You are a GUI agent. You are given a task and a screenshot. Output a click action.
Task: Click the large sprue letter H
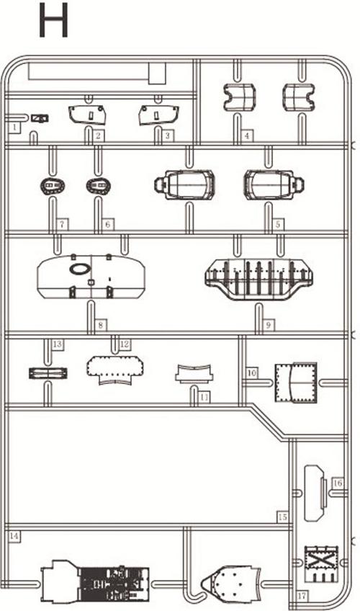54,20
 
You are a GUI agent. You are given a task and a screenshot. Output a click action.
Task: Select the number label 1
15,127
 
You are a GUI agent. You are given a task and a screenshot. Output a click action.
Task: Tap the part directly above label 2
87,115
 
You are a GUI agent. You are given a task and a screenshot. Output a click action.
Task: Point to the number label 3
168,135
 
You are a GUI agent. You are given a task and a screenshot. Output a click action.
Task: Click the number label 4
247,135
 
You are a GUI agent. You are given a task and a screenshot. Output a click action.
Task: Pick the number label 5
278,225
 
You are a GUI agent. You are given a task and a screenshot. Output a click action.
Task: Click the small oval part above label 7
53,187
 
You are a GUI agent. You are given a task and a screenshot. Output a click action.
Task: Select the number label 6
108,225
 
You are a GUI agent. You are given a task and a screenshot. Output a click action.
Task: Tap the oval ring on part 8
80,268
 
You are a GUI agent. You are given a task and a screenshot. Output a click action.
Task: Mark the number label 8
101,324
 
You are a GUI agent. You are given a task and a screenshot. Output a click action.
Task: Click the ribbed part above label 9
258,279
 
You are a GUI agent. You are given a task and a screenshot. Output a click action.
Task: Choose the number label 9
268,324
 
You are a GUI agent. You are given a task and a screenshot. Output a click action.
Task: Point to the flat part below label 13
48,373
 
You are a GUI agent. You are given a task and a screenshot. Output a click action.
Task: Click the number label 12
124,344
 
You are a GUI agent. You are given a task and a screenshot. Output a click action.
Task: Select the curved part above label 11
194,374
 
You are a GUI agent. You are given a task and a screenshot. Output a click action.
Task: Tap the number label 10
252,373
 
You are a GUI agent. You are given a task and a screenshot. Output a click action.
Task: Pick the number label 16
338,483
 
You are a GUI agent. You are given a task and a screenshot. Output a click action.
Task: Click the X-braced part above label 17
321,564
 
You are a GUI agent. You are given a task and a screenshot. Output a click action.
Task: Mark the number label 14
14,536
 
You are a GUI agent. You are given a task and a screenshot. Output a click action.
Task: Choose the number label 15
282,517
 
